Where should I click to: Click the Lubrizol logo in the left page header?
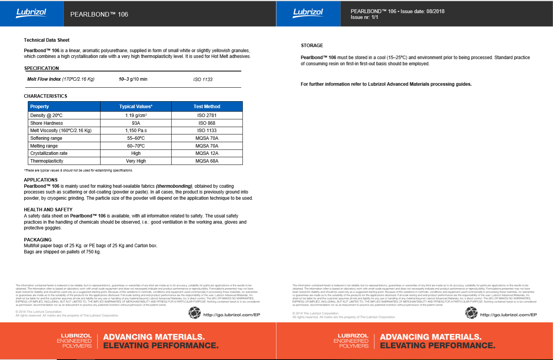(31, 13)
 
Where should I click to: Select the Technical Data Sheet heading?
(47, 40)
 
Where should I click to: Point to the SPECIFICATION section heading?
(42, 68)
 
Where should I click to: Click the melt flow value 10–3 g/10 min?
(133, 79)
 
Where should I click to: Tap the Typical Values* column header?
(136, 107)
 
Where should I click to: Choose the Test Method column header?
(207, 107)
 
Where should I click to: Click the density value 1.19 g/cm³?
(136, 115)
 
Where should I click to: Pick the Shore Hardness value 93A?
(136, 123)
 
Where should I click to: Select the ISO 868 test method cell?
(207, 123)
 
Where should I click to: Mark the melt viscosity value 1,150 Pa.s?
(136, 131)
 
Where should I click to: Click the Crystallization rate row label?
(49, 153)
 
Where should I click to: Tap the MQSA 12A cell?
(207, 153)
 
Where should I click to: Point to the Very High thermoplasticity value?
(136, 161)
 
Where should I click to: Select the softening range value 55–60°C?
(136, 138)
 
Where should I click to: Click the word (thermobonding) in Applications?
(174, 186)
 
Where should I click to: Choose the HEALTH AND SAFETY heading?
(48, 210)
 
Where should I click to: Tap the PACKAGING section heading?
(37, 240)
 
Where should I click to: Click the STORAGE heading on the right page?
(312, 46)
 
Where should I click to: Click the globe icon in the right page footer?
(471, 313)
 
